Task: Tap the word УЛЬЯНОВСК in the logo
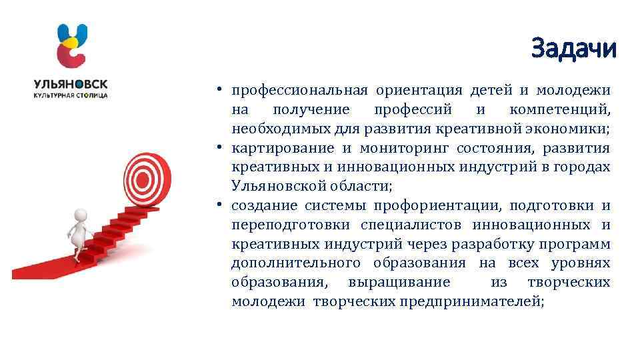click(71, 84)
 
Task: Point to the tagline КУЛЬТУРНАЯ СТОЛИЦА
click(71, 95)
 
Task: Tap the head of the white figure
click(81, 215)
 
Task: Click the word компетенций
click(559, 109)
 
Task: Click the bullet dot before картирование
click(219, 147)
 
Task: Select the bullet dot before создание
click(219, 205)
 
